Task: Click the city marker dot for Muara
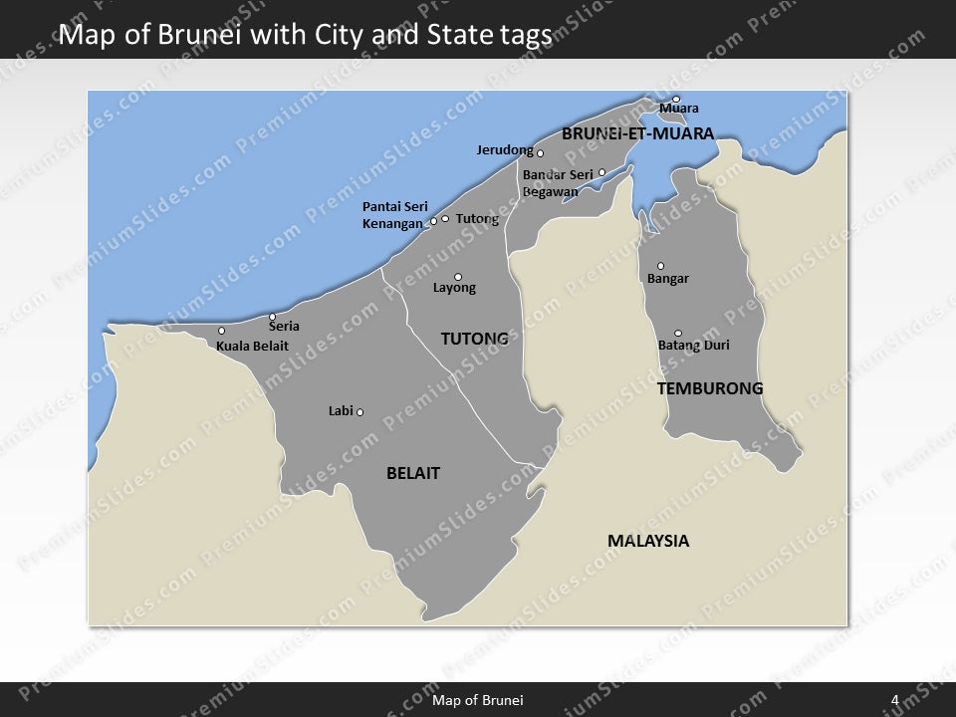[x=675, y=99]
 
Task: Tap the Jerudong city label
[x=505, y=150]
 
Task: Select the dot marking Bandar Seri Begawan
[x=601, y=172]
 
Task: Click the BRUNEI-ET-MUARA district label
[x=637, y=132]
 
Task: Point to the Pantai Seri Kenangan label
[x=394, y=215]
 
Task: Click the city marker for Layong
[x=458, y=277]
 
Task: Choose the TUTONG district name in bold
[x=474, y=339]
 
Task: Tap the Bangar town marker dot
[x=660, y=266]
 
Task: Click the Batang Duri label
[x=694, y=346]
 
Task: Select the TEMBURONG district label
[x=710, y=388]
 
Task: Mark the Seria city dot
[x=272, y=317]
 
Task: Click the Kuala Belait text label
[x=252, y=347]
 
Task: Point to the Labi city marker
[x=359, y=412]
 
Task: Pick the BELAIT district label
[x=412, y=473]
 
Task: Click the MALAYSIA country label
[x=648, y=541]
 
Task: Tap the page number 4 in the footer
[x=895, y=700]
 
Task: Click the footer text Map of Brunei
[x=478, y=700]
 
